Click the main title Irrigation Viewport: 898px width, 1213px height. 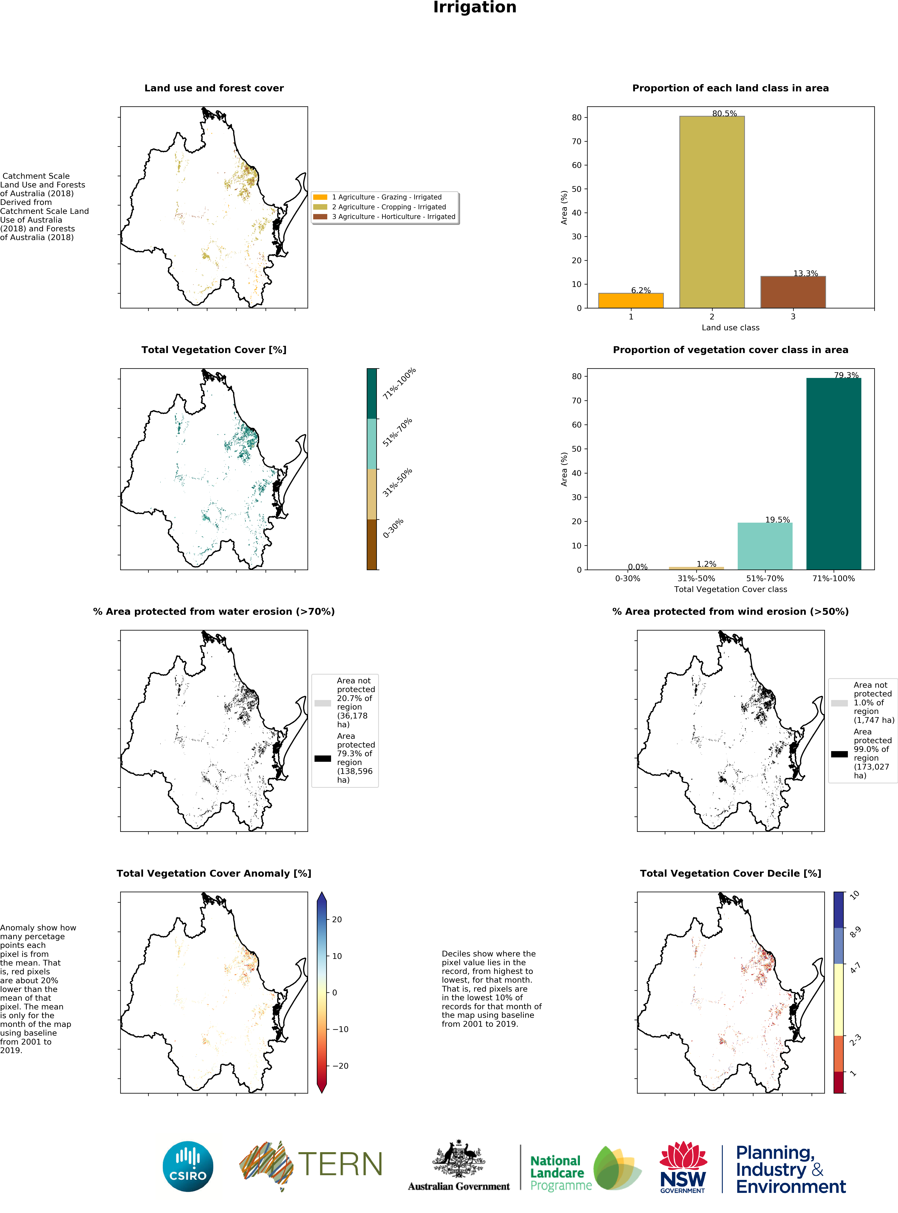coord(475,8)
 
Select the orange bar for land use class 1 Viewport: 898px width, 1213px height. coord(631,300)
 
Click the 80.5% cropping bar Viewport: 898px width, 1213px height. coord(711,212)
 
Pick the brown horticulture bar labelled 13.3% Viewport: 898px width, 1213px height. coord(793,292)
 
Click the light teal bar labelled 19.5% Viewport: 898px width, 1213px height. coord(764,546)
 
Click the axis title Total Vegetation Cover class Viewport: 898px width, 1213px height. coord(730,589)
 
